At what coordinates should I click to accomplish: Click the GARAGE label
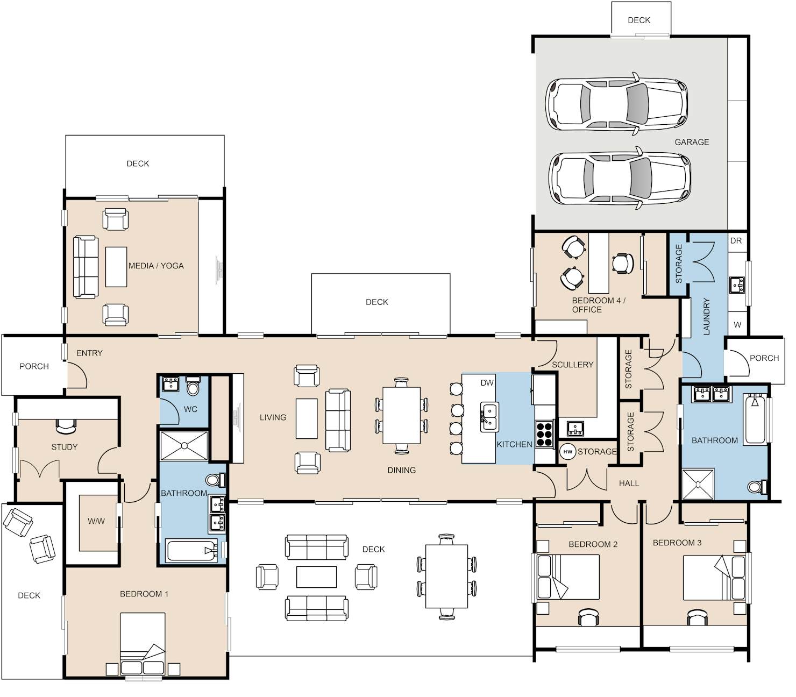tap(691, 142)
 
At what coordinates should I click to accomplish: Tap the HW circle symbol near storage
tap(567, 452)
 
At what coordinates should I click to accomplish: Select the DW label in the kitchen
tap(487, 383)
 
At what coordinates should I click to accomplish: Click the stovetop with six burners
tap(545, 433)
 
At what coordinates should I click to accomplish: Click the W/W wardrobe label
tap(96, 521)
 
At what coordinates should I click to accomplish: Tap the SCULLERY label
tap(572, 365)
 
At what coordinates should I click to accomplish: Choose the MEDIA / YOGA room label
tap(156, 266)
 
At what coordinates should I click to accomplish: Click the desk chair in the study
tap(66, 426)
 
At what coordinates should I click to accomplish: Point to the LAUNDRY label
tap(707, 316)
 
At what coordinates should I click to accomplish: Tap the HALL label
tap(629, 483)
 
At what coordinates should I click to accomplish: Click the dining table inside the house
tap(402, 415)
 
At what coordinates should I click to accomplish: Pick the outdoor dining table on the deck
tap(446, 576)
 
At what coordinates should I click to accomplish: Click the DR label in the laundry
tap(736, 241)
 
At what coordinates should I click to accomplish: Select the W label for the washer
tap(737, 325)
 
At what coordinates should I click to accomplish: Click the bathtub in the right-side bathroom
tap(755, 418)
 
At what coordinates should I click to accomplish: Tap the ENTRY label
tap(89, 353)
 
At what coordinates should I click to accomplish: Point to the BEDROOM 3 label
tap(677, 543)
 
